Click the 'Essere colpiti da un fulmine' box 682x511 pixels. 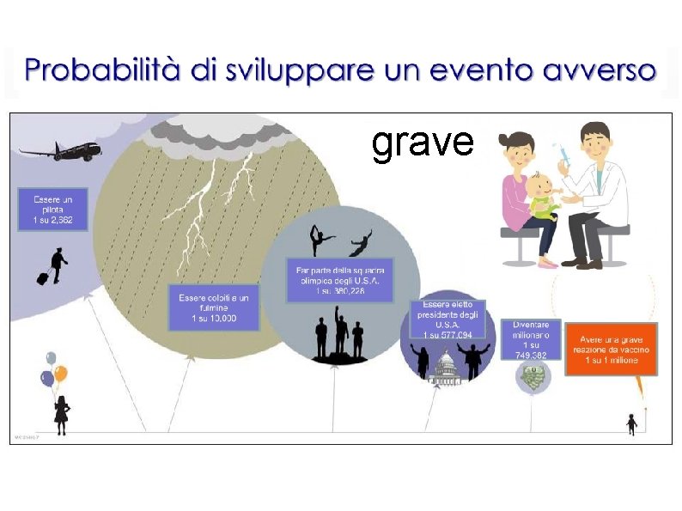214,307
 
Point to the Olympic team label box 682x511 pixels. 340,280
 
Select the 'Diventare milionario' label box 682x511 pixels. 531,339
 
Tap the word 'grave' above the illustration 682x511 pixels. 423,143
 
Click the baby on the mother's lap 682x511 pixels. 544,196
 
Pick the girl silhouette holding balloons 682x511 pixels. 61,413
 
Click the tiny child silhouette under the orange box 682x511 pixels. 631,424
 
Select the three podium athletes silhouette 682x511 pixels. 340,335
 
